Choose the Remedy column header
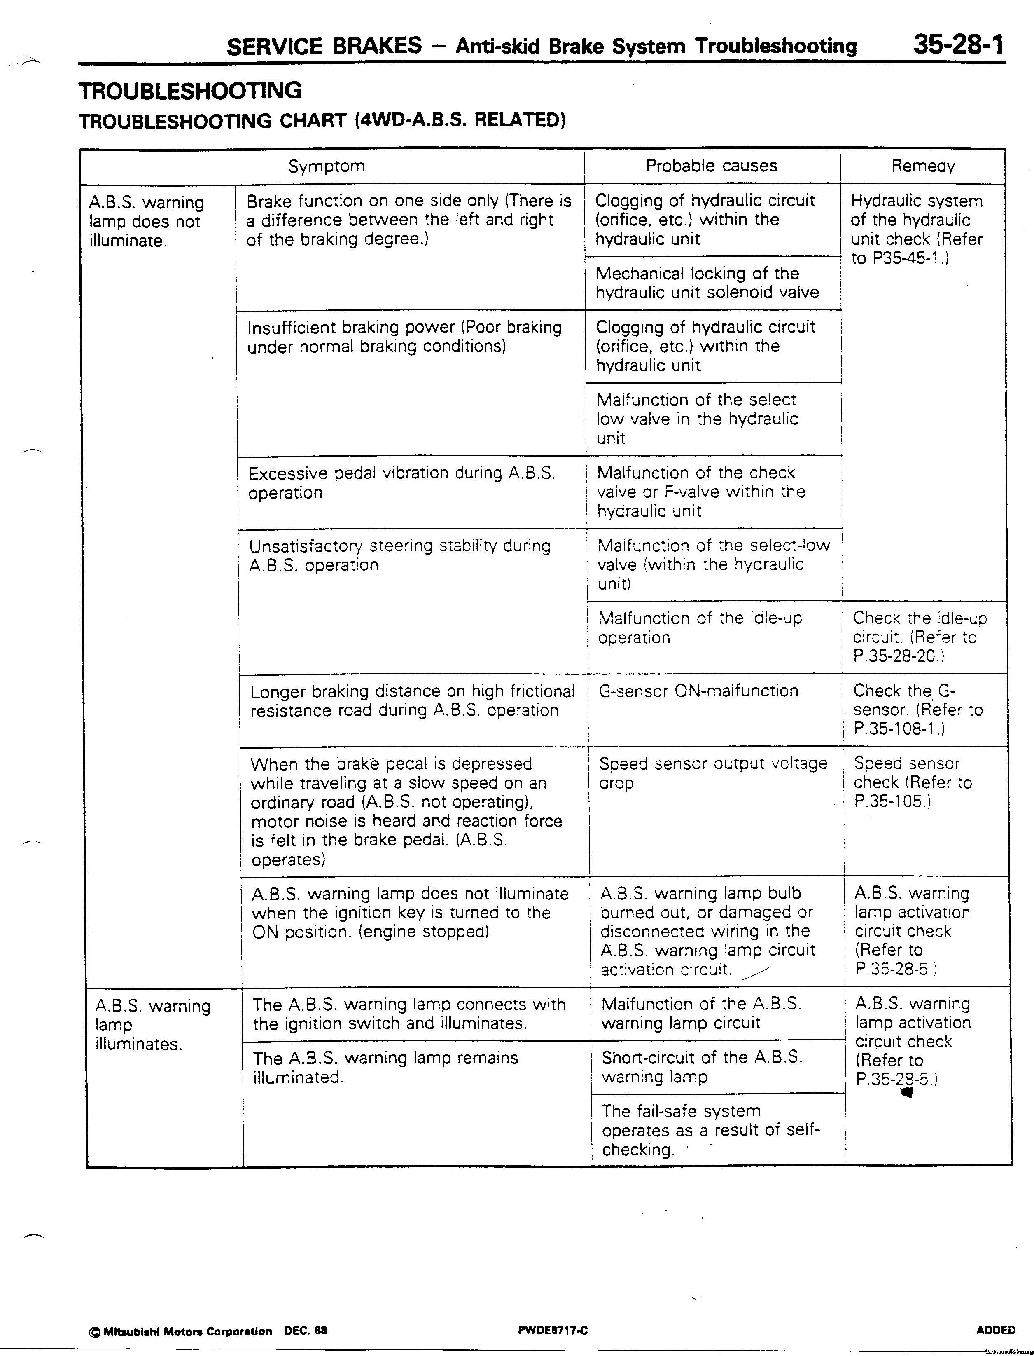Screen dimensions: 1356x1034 pos(922,166)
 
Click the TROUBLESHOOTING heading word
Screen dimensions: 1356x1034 pos(190,91)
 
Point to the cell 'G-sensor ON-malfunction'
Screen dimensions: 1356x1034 pos(698,691)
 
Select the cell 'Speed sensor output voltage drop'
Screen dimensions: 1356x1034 pos(713,773)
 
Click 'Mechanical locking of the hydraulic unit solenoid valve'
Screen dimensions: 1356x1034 pos(707,283)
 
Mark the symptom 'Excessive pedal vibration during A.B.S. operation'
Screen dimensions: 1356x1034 pos(402,483)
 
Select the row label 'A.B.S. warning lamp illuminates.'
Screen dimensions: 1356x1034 pos(153,1025)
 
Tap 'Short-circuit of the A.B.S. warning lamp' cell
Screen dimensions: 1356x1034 pos(702,1067)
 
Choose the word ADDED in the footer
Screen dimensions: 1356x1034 pos(995,1330)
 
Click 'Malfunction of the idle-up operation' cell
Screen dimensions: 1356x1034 pos(700,628)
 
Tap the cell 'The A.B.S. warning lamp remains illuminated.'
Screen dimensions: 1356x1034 pos(385,1067)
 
